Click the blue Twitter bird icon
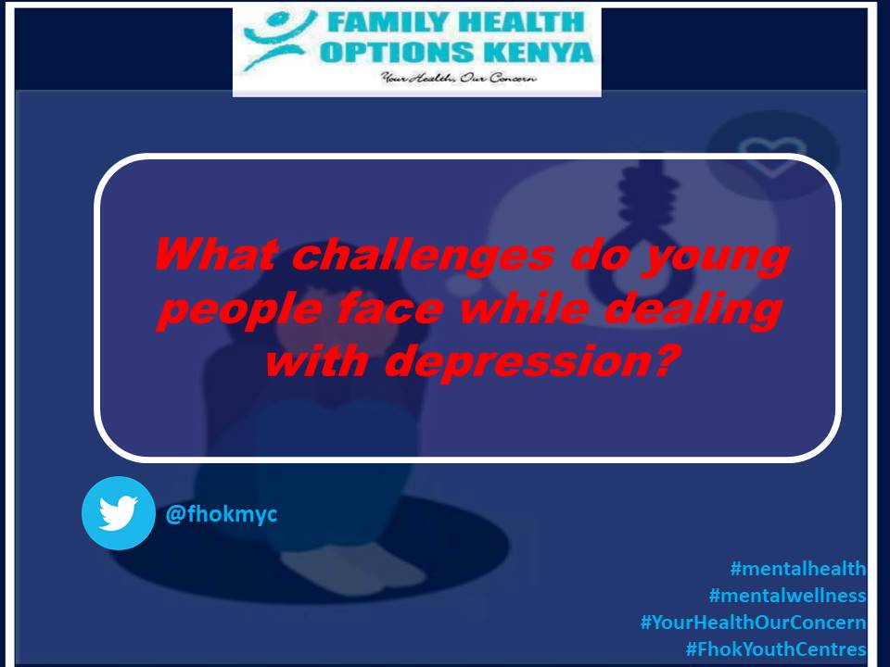click(118, 513)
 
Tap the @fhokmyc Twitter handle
click(221, 513)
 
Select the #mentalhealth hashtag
click(798, 569)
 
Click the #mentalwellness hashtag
click(787, 595)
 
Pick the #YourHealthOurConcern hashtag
click(753, 622)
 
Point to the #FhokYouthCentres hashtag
click(775, 648)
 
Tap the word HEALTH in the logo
click(519, 22)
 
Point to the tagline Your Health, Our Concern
click(458, 80)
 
